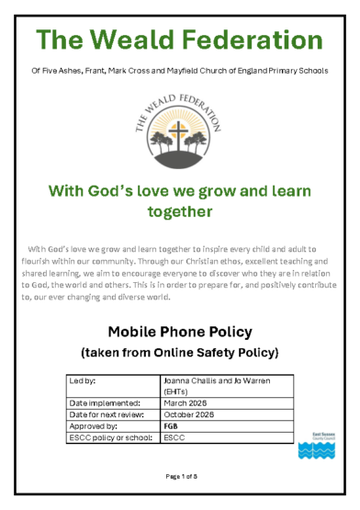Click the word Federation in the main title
pos(247,40)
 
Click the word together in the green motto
pos(179,211)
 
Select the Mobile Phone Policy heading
pos(180,331)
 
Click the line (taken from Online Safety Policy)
pos(180,352)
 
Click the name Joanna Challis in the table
pos(188,380)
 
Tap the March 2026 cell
pos(185,402)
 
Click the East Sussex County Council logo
pos(310,445)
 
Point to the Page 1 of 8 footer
pos(180,475)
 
